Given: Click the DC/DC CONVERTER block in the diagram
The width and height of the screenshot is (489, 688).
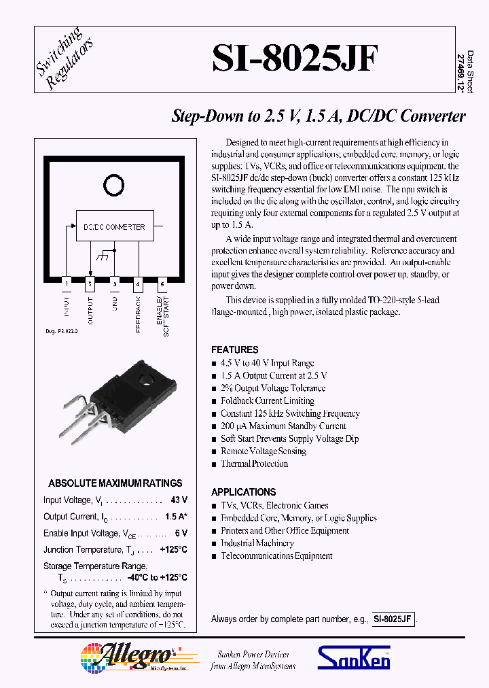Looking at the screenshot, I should [114, 227].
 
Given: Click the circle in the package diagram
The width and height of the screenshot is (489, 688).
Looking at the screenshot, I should [113, 183].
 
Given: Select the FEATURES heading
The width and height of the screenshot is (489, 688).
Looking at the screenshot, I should [234, 349].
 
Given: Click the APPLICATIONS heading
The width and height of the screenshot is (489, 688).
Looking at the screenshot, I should [243, 492].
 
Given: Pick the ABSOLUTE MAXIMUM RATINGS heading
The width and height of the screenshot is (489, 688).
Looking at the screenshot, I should [115, 483].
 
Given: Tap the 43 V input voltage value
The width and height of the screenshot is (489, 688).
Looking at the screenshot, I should [179, 500].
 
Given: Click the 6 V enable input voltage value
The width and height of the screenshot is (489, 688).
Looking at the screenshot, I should [181, 534].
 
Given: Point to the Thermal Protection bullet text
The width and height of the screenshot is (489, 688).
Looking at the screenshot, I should [254, 464].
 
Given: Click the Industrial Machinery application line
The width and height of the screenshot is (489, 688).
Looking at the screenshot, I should [257, 543].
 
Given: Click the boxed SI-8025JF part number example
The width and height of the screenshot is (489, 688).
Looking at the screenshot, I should [392, 619].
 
